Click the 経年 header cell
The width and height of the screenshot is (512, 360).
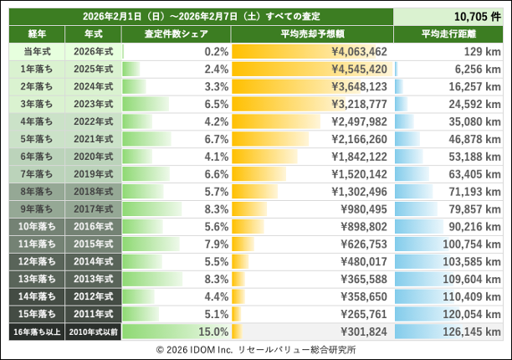point(35,33)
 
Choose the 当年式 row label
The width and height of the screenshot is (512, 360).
point(35,51)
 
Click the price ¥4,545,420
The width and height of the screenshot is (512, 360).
point(358,69)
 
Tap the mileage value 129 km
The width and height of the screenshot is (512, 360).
point(481,51)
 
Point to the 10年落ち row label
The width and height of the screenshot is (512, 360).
point(35,226)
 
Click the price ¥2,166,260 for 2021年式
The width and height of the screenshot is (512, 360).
point(358,139)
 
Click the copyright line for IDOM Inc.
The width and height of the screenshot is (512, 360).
point(256,348)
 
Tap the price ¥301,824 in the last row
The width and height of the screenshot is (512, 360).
point(361,332)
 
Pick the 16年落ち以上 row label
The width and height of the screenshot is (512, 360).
point(35,332)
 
